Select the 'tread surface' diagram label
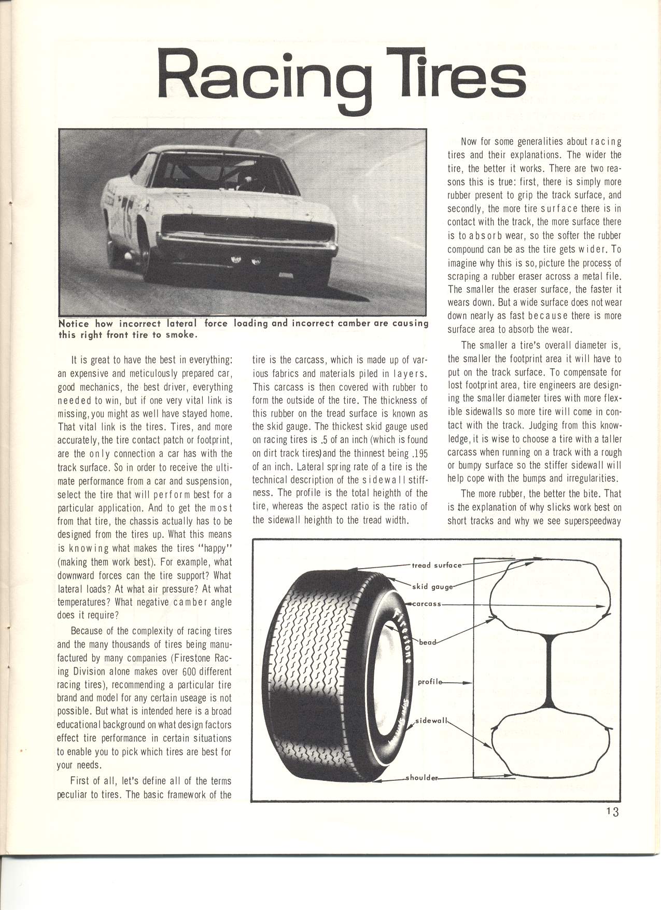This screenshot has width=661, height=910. (x=436, y=565)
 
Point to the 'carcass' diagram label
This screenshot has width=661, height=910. (x=427, y=604)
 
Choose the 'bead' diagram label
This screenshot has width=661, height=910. (x=428, y=642)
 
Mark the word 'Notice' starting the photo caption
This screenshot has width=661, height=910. (x=76, y=323)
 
